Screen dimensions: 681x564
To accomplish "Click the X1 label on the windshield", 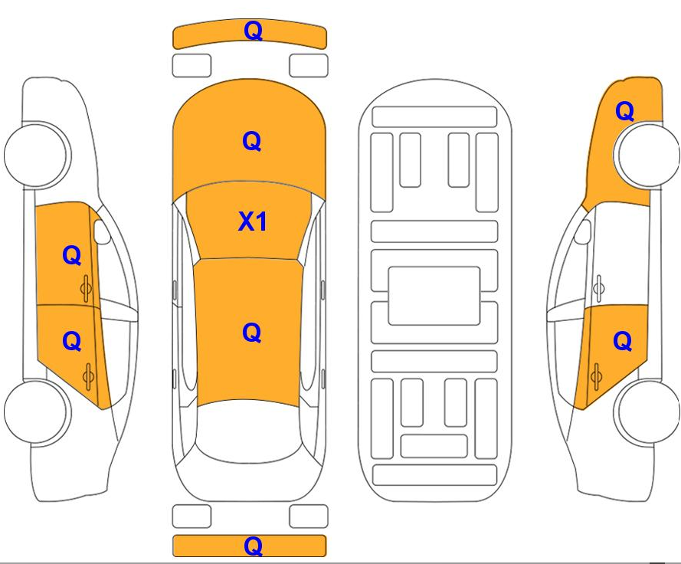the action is [252, 221].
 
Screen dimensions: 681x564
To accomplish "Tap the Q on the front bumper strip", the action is [254, 31].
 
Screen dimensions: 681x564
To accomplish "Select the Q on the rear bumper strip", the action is [254, 546].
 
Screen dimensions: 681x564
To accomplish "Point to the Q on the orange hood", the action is [251, 141].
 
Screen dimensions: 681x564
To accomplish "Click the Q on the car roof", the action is [251, 333].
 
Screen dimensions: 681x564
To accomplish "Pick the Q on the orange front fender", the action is [625, 111].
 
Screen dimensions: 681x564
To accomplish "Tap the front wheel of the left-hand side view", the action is [36, 155].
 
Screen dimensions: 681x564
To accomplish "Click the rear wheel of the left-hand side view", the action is [36, 412].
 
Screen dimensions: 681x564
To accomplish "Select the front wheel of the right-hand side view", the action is [647, 155].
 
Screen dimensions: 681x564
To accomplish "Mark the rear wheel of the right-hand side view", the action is [647, 412].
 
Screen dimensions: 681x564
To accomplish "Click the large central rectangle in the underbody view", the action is [434, 296].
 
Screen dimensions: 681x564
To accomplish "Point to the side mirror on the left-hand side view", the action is [102, 231].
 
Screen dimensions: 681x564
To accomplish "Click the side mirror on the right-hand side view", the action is [582, 231].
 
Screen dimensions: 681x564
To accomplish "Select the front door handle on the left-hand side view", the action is [87, 288].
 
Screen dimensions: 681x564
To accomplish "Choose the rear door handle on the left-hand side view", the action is [89, 376].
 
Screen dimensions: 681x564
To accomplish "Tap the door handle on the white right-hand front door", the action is [598, 288].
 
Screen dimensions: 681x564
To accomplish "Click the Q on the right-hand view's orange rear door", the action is [622, 341].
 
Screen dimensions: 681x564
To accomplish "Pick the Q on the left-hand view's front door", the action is [72, 255].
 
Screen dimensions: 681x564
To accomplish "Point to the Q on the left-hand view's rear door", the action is [72, 341].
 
